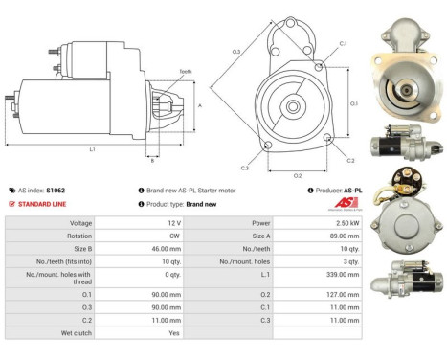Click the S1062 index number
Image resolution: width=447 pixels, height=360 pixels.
(56, 191)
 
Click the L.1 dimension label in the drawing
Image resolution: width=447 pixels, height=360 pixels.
(92, 150)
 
